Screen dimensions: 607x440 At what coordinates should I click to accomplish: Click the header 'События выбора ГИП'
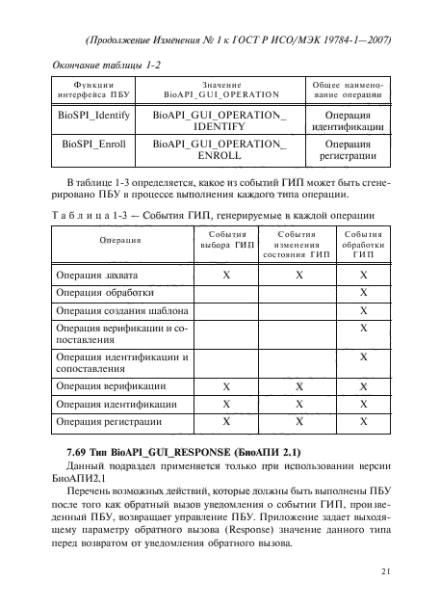click(x=226, y=240)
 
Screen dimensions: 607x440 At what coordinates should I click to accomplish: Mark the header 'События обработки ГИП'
click(x=362, y=246)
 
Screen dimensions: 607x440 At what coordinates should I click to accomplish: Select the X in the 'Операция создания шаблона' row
click(x=363, y=311)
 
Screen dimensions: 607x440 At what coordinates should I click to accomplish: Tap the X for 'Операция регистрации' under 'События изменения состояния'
click(x=299, y=421)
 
